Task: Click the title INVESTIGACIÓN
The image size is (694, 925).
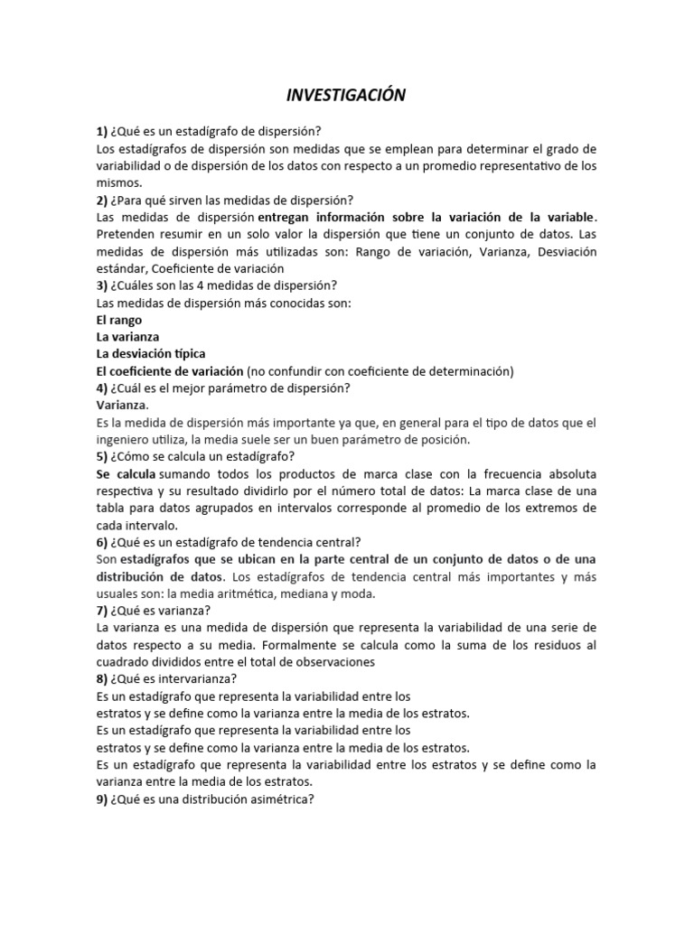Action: (x=347, y=95)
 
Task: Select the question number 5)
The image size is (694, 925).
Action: (x=102, y=456)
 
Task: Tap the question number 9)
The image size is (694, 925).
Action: (x=102, y=799)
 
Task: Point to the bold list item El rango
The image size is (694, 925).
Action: (x=118, y=320)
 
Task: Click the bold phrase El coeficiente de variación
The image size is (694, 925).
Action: (x=170, y=370)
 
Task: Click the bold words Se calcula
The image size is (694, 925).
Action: (x=126, y=473)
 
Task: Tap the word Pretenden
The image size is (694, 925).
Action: (x=127, y=234)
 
